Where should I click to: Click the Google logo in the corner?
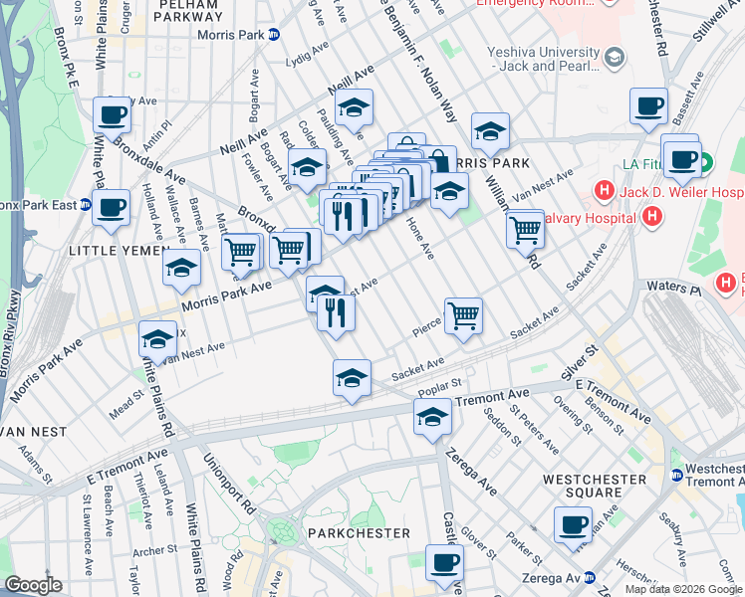click(x=33, y=585)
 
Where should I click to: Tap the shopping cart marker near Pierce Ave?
click(x=464, y=317)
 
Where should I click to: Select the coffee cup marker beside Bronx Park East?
click(x=112, y=208)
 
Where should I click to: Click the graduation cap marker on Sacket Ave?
click(x=352, y=379)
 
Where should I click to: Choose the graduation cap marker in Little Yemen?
click(x=181, y=268)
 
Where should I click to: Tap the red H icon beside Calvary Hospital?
click(x=650, y=215)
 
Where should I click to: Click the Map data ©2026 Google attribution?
click(x=682, y=589)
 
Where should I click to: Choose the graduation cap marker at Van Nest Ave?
click(x=157, y=339)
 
